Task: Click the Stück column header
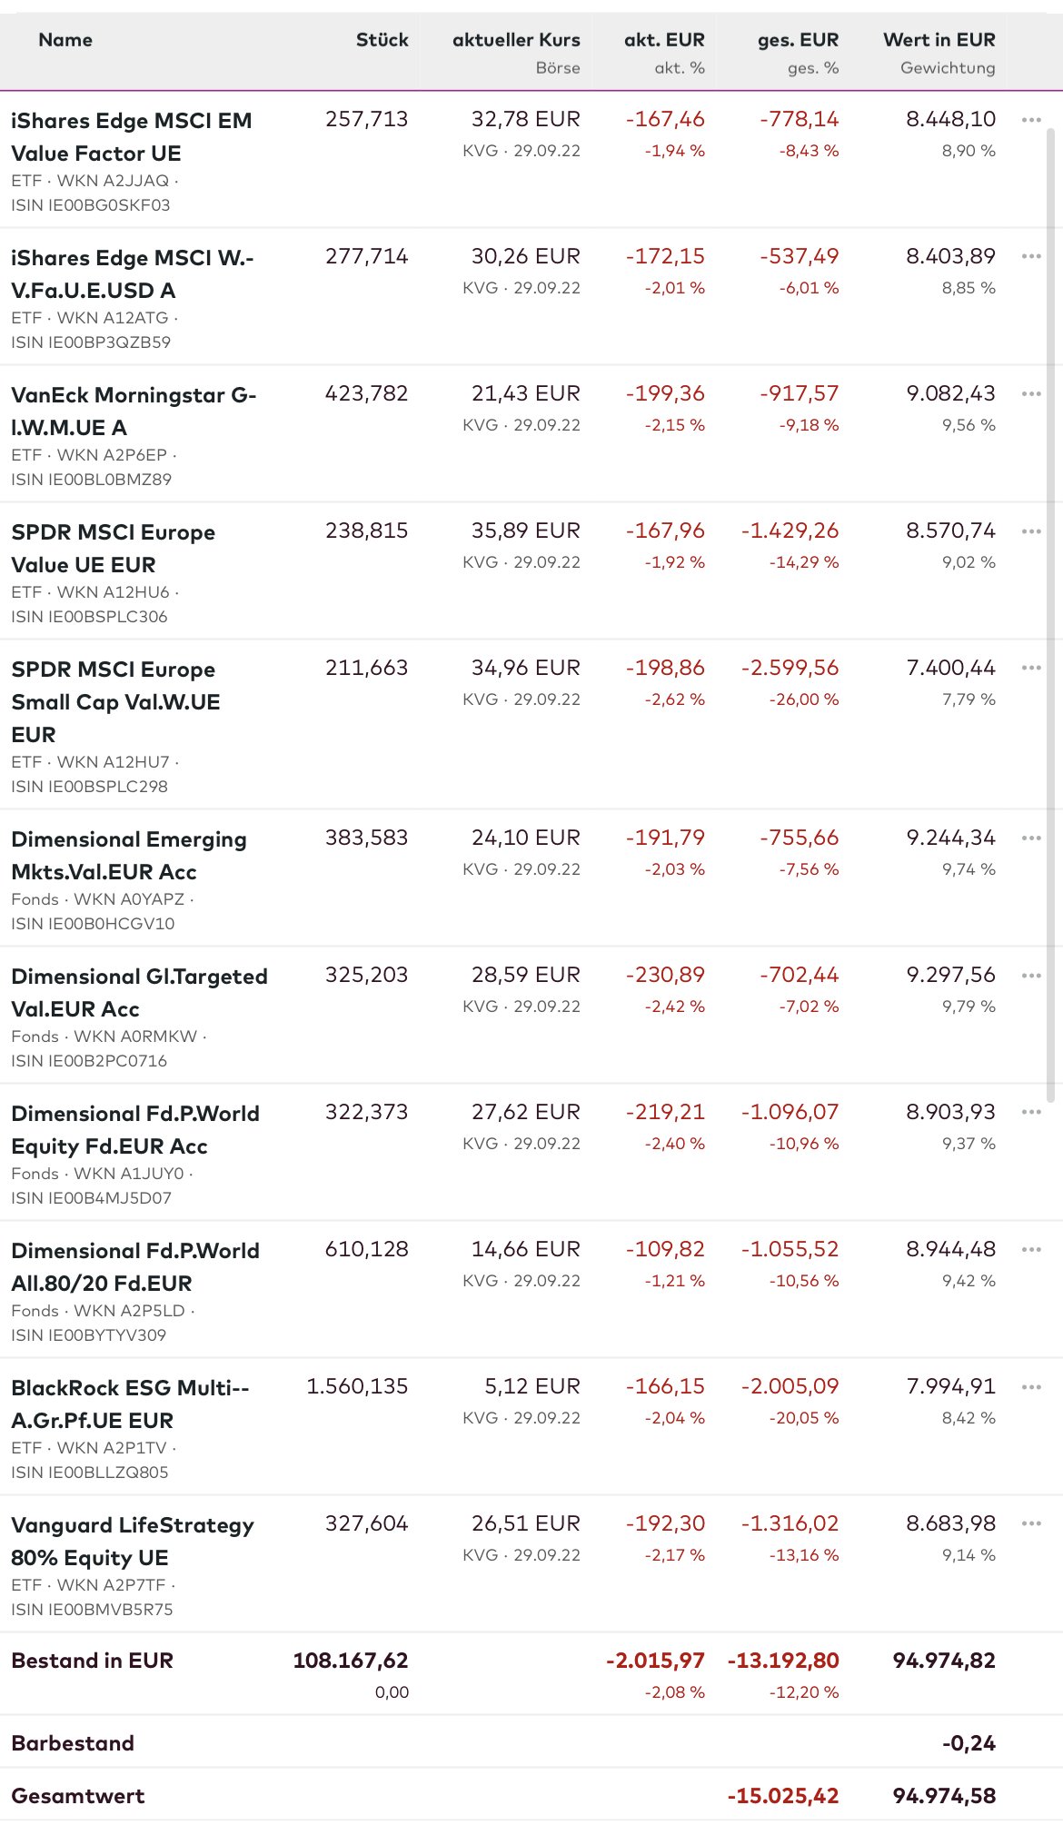[x=382, y=40]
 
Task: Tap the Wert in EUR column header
[x=939, y=40]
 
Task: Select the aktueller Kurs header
[x=516, y=40]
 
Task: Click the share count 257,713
[x=366, y=119]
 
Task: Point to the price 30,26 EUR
[x=525, y=256]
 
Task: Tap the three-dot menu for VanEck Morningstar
[x=1030, y=393]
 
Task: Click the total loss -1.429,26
[x=790, y=531]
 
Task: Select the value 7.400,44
[x=950, y=668]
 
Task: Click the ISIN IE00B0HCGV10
[x=93, y=924]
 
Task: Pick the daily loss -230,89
[x=665, y=975]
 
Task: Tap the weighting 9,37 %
[x=969, y=1144]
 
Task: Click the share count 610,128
[x=366, y=1249]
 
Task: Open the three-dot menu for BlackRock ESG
[x=1030, y=1386]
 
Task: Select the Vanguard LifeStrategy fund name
[x=133, y=1541]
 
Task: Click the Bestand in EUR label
[x=92, y=1661]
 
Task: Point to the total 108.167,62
[x=350, y=1661]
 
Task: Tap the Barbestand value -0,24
[x=969, y=1743]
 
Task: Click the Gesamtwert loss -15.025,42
[x=782, y=1796]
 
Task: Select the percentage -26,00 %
[x=804, y=699]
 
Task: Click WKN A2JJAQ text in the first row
[x=113, y=181]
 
